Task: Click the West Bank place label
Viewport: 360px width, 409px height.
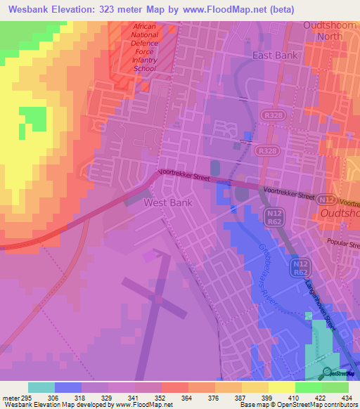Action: [167, 202]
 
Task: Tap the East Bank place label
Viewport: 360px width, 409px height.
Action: [276, 55]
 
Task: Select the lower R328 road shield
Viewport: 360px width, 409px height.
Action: [266, 151]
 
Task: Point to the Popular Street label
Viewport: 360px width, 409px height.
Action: [342, 244]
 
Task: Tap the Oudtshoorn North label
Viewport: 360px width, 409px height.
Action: [330, 31]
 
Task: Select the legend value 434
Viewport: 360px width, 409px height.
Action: [346, 397]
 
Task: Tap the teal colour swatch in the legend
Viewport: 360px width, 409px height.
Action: [41, 387]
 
